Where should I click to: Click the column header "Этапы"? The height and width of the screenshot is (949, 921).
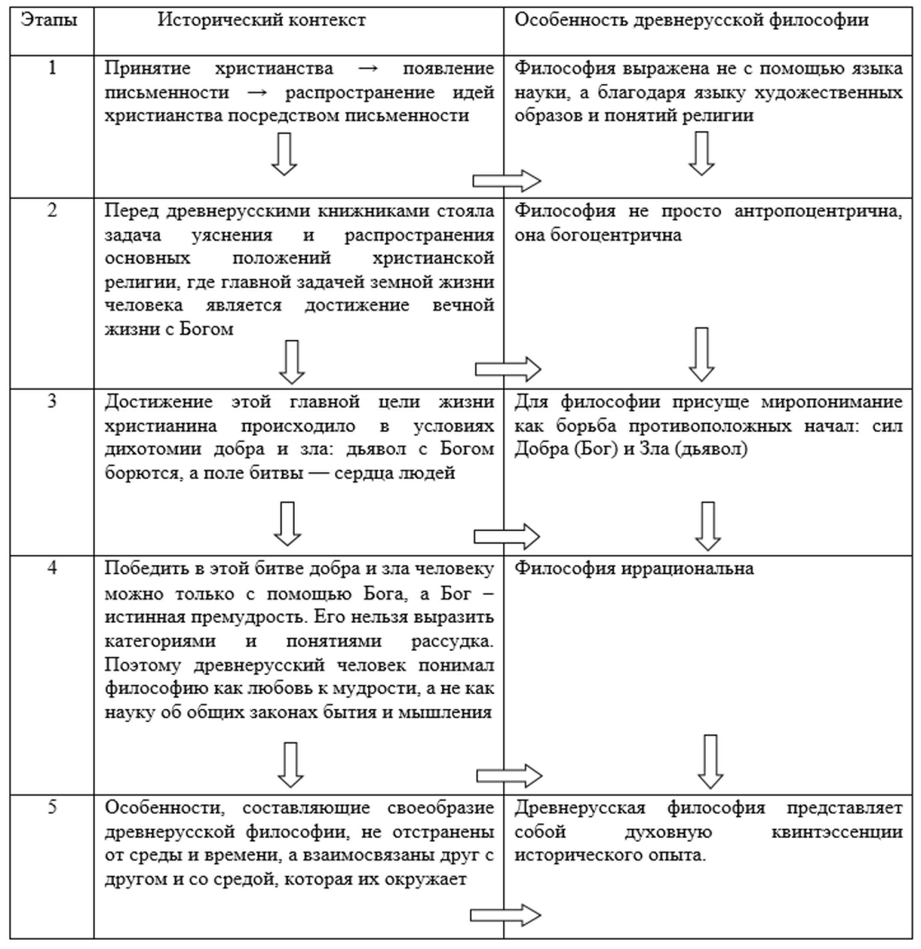pyautogui.click(x=49, y=21)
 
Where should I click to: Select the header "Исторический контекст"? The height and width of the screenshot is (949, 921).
pyautogui.click(x=261, y=21)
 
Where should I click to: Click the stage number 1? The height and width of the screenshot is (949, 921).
pyautogui.click(x=52, y=68)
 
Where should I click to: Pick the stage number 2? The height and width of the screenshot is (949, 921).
pyautogui.click(x=52, y=211)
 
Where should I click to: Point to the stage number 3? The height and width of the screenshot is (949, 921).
pyautogui.click(x=52, y=402)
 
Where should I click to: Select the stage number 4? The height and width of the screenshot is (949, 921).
pyautogui.click(x=52, y=568)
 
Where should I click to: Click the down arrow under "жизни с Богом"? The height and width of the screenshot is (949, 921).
pyautogui.click(x=292, y=362)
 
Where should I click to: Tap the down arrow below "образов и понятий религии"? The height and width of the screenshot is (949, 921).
pyautogui.click(x=701, y=153)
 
